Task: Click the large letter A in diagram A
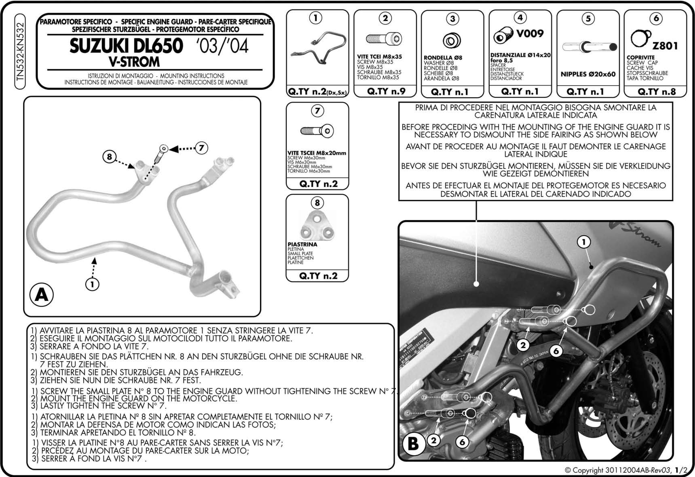click(42, 295)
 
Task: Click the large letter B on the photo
click(413, 443)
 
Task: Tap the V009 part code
click(530, 34)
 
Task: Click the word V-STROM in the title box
click(134, 62)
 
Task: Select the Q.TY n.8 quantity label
click(656, 91)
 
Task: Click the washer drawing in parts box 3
click(452, 41)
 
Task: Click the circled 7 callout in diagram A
click(201, 148)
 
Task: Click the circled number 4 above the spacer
click(520, 18)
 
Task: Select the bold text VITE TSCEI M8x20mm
click(317, 153)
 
